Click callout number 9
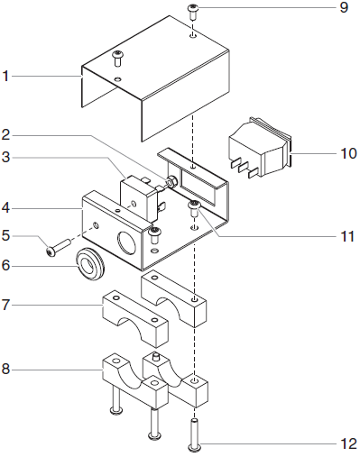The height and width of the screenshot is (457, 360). (344, 7)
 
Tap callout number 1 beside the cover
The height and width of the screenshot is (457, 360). (5, 76)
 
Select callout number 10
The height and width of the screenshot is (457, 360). (348, 153)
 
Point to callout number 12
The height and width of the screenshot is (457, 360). (348, 443)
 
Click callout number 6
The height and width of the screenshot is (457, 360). (6, 265)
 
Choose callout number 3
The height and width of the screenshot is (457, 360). (6, 157)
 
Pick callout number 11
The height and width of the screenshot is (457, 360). (347, 236)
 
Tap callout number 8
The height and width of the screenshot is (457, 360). (6, 369)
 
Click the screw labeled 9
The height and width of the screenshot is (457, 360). (192, 12)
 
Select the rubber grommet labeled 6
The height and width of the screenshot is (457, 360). (90, 263)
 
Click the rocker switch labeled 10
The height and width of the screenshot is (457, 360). (261, 148)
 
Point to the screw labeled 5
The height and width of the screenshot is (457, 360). (58, 247)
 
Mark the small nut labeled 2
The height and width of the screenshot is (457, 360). (171, 182)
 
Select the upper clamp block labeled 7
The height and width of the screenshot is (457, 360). (135, 319)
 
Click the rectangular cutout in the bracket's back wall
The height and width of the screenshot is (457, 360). (198, 186)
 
